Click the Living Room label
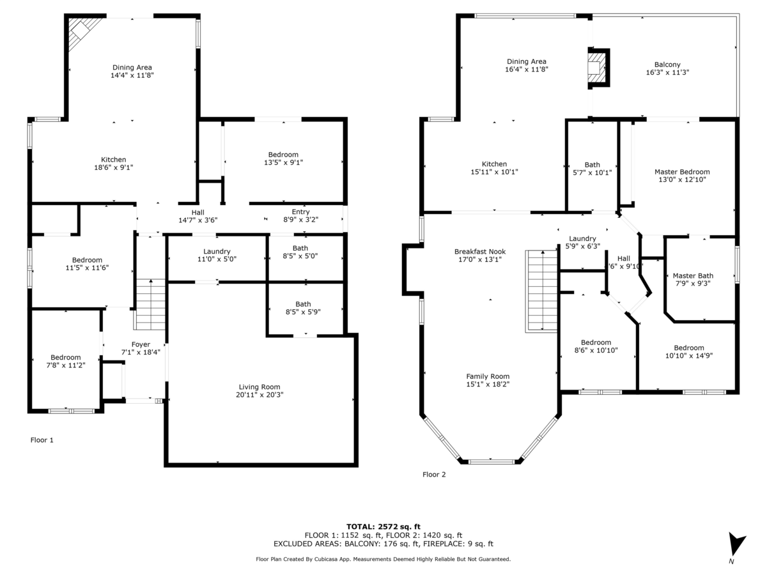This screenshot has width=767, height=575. pos(260,387)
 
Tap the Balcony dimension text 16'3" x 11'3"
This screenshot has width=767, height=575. pos(667,72)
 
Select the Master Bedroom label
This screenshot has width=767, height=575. pos(682,172)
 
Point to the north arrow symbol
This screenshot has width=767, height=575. pos(737,544)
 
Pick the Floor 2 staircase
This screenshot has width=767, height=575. pos(541,291)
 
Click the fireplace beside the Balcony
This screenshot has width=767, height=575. pos(598,68)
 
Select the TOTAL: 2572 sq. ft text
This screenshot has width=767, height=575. pos(383,526)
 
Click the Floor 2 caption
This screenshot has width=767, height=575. pos(434,475)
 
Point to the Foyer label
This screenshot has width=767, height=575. pos(141,344)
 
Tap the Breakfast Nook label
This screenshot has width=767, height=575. pos(480,251)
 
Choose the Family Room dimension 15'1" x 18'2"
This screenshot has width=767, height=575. pos(488,384)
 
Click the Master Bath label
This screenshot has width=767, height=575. pos(693,275)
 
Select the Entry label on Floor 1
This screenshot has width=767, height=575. pos(300,212)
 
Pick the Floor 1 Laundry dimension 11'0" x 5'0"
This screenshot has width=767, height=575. pos(217,259)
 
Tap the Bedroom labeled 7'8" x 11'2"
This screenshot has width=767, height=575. pos(66,358)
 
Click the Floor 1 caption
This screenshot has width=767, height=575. pos(42,440)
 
